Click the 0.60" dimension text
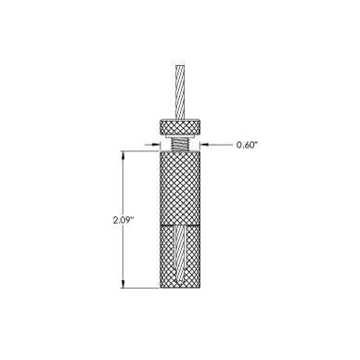(247, 146)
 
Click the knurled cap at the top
(181, 128)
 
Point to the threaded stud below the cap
(181, 145)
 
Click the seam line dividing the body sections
(181, 225)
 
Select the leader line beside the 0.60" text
(219, 145)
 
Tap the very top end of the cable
(181, 66)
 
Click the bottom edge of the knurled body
(181, 287)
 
